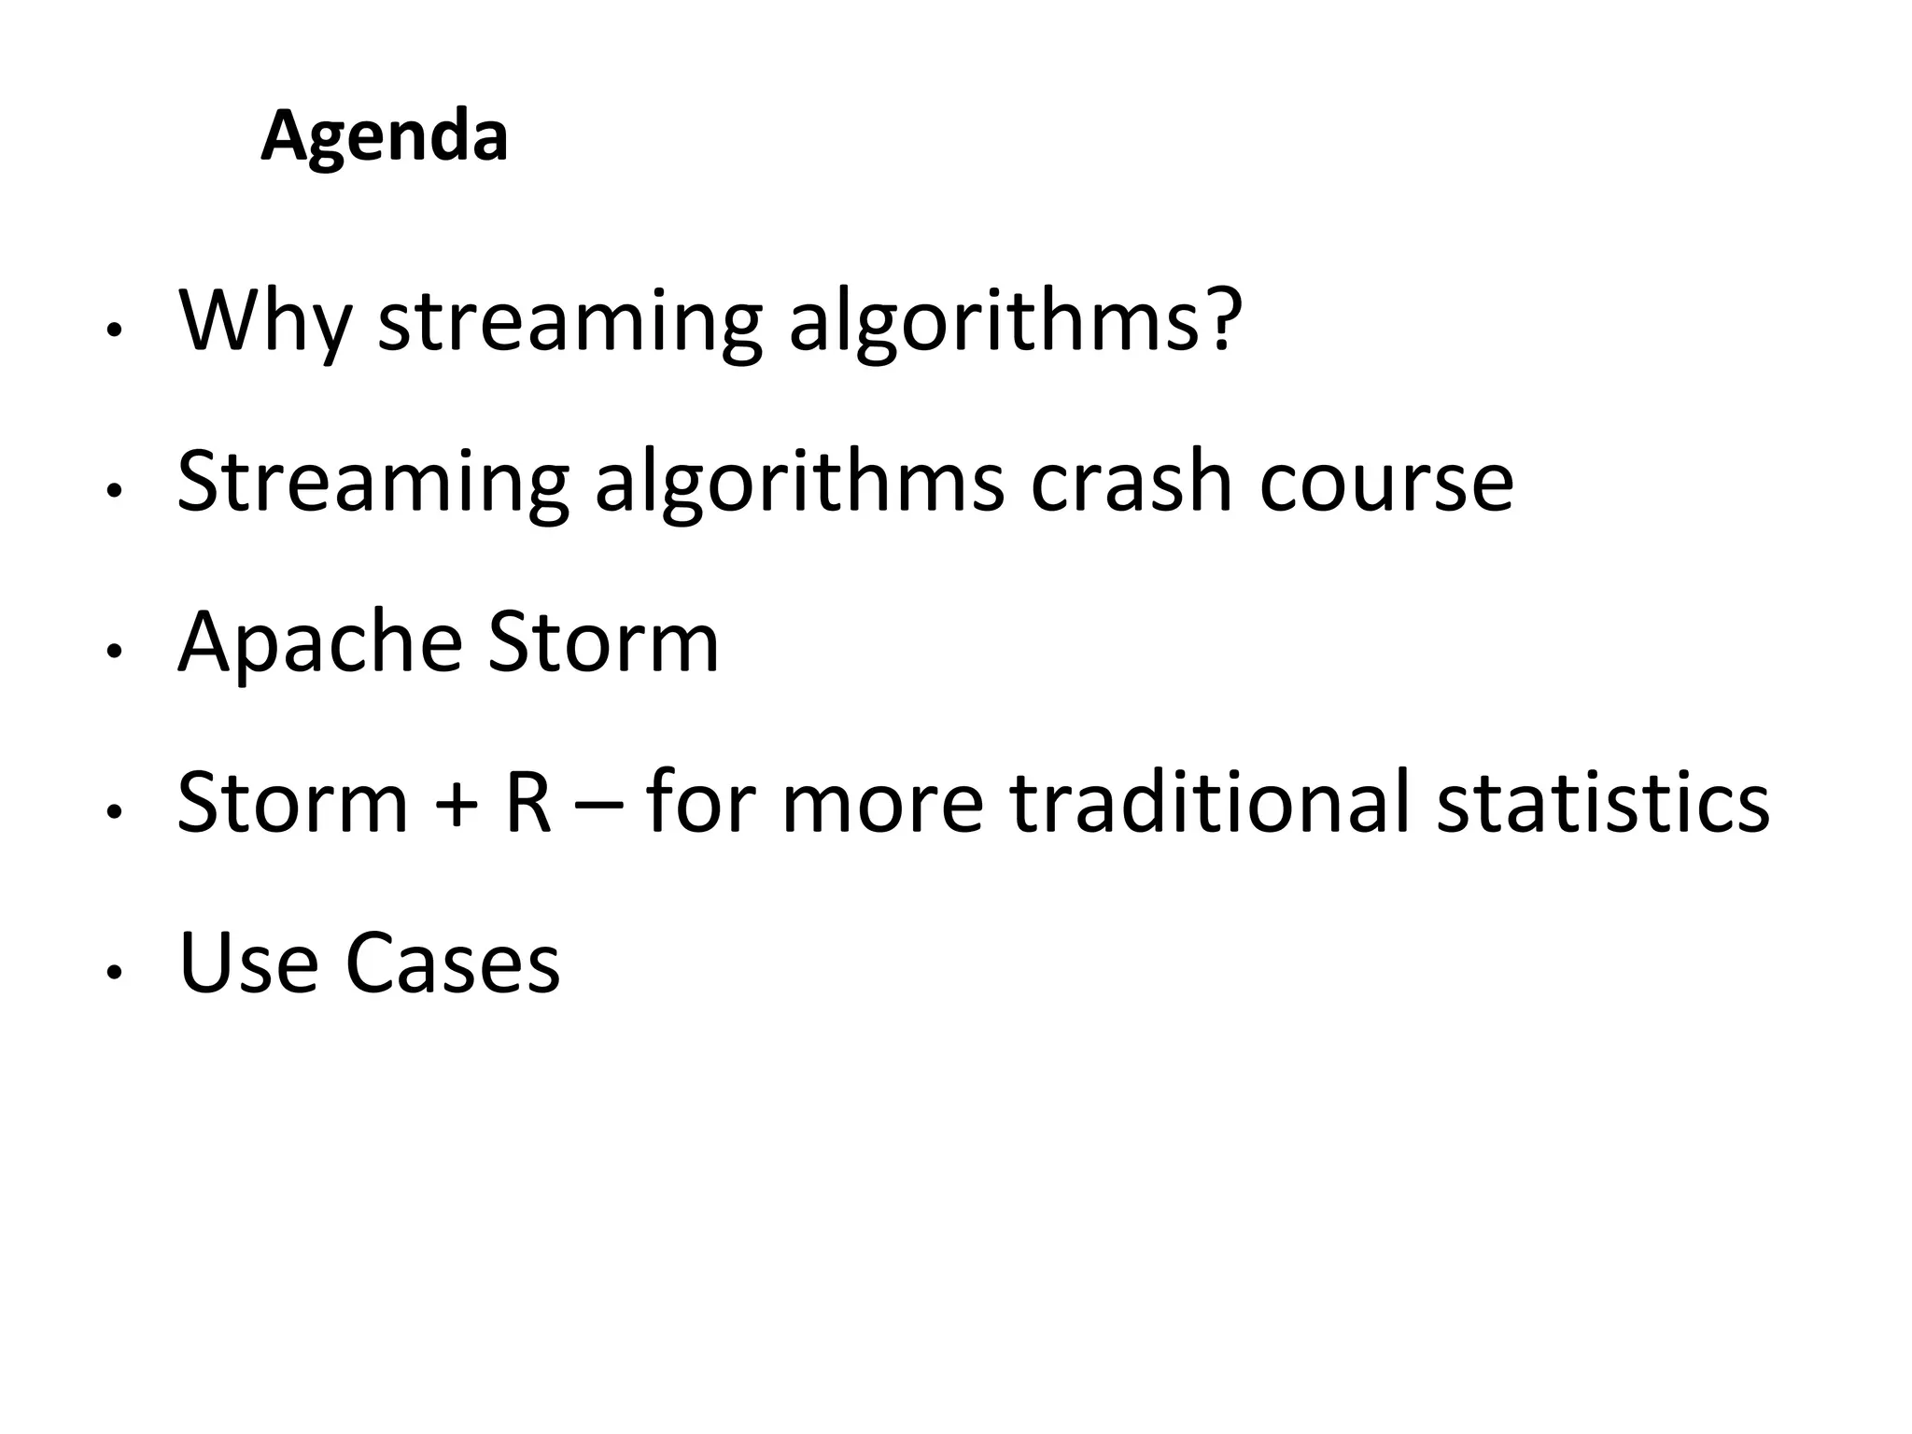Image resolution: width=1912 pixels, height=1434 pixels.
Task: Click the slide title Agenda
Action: point(384,136)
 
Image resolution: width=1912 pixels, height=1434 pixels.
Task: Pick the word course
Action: point(1385,483)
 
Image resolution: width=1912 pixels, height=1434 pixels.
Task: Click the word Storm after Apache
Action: point(603,642)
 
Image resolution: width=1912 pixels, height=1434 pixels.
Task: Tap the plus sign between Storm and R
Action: point(457,804)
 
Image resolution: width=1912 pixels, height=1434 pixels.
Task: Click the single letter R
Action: point(527,802)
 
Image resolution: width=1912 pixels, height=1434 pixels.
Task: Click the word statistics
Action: point(1602,802)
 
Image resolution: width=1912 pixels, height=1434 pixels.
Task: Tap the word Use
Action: point(247,963)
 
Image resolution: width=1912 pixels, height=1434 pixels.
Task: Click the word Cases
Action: point(453,963)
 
